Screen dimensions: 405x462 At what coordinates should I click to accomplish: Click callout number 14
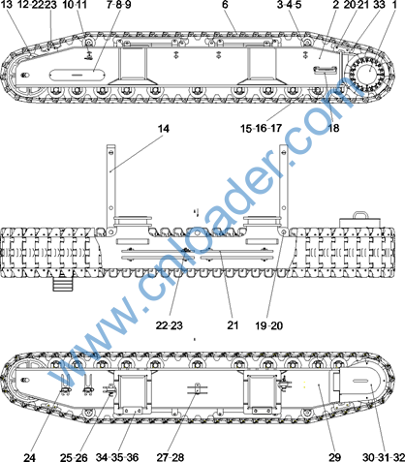tap(164, 129)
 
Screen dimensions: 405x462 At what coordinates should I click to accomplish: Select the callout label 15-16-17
tap(261, 128)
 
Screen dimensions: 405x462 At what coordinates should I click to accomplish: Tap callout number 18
tap(333, 128)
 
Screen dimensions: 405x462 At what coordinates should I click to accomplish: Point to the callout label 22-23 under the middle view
tap(169, 325)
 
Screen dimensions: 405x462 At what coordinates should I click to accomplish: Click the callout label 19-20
tap(268, 325)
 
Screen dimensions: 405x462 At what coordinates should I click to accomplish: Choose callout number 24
tap(29, 457)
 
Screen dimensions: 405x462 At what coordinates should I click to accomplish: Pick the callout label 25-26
tap(74, 457)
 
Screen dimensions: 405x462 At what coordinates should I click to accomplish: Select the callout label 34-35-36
tap(117, 457)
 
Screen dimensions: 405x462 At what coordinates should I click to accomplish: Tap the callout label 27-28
tap(171, 457)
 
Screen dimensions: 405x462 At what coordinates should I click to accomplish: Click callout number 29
tap(335, 457)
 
